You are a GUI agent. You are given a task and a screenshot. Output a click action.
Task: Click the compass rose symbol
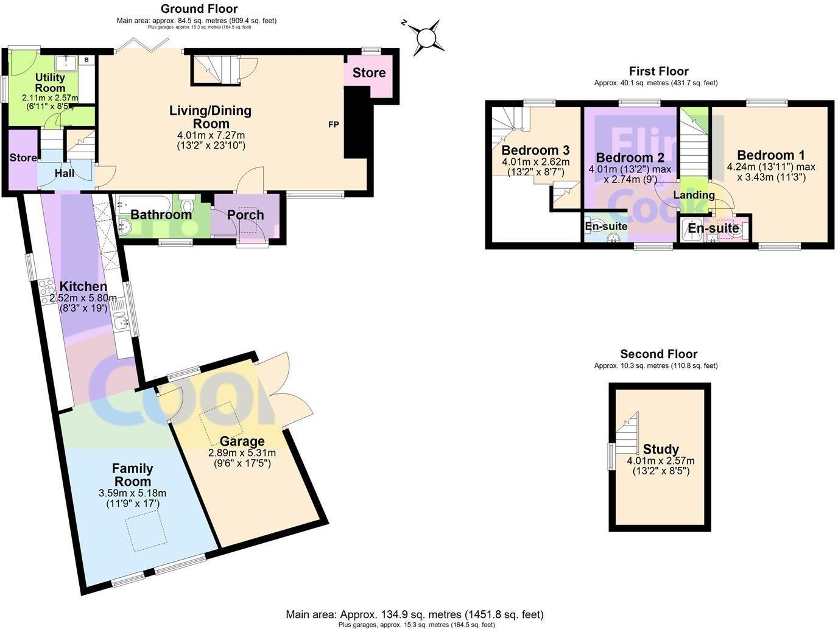(x=426, y=38)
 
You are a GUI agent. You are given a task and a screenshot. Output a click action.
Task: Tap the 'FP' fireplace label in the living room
(x=334, y=125)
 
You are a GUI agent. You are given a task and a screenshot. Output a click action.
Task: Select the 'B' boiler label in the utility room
(x=86, y=60)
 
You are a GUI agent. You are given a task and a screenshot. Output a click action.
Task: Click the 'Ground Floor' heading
(x=199, y=9)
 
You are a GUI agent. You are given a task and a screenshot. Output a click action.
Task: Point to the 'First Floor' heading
(x=658, y=71)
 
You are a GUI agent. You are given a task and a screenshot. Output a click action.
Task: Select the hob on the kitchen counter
(x=46, y=290)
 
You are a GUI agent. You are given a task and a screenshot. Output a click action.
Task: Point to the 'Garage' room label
(x=242, y=441)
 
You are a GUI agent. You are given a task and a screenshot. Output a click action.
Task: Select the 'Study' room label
(x=661, y=450)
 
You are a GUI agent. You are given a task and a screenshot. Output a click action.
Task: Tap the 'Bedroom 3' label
(x=535, y=150)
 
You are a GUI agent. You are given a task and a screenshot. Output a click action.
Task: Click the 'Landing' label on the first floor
(x=694, y=195)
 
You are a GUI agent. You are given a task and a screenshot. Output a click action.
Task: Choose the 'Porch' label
(x=245, y=215)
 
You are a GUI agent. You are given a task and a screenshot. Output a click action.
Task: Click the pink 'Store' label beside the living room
(x=369, y=73)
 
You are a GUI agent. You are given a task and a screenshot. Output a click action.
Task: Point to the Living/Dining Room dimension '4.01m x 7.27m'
(x=210, y=135)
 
